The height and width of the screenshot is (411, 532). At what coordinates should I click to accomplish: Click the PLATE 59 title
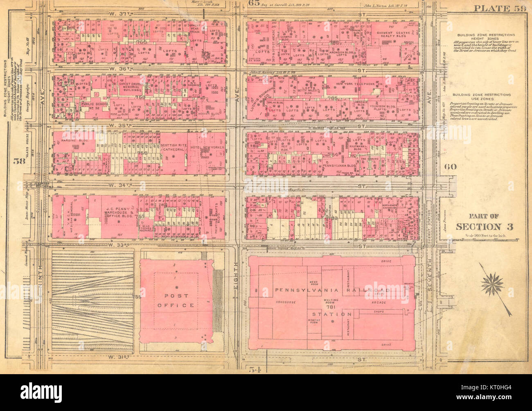tap(498, 9)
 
